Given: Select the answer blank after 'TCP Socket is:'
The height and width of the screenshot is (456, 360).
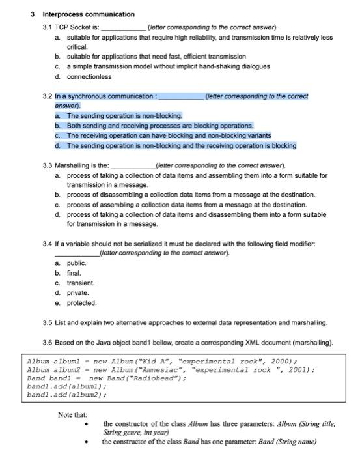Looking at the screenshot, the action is pyautogui.click(x=122, y=28).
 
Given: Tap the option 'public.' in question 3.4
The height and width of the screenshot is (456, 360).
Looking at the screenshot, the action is pyautogui.click(x=77, y=263).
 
